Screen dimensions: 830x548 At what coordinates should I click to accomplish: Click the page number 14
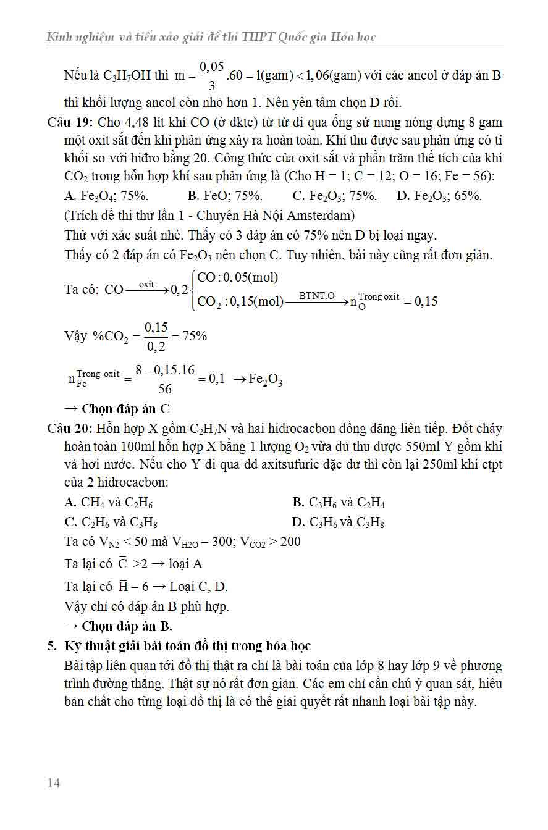[x=54, y=783]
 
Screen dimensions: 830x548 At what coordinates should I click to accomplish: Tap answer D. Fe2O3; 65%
[x=439, y=196]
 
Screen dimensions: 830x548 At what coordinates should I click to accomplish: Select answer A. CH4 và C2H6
[x=108, y=502]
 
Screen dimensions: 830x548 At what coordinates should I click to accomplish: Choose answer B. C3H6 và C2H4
[x=339, y=502]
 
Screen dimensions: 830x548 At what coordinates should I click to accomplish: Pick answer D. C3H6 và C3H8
[x=339, y=522]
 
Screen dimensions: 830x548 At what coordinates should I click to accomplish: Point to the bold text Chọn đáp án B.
[x=127, y=626]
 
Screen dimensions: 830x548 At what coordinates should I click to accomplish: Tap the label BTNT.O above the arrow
[x=317, y=296]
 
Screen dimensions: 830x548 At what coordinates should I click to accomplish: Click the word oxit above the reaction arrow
[x=146, y=284]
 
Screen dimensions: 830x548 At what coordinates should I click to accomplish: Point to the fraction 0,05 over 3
[x=211, y=76]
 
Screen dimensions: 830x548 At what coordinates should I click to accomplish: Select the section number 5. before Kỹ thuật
[x=52, y=646]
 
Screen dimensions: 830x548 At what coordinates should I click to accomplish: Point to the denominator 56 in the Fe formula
[x=165, y=389]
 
